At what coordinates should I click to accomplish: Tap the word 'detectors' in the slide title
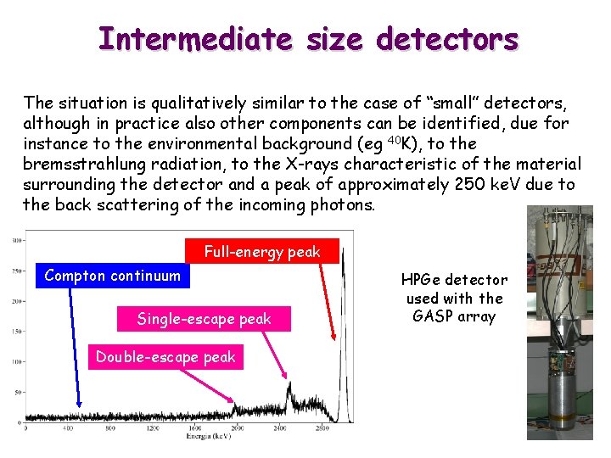coord(446,38)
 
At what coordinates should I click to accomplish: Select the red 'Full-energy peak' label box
coord(261,251)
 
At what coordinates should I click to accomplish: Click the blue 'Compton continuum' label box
coord(112,275)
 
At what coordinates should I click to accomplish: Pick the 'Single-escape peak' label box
coord(204,319)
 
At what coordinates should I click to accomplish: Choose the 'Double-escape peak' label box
coord(165,357)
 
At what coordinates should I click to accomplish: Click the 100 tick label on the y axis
coord(16,361)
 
